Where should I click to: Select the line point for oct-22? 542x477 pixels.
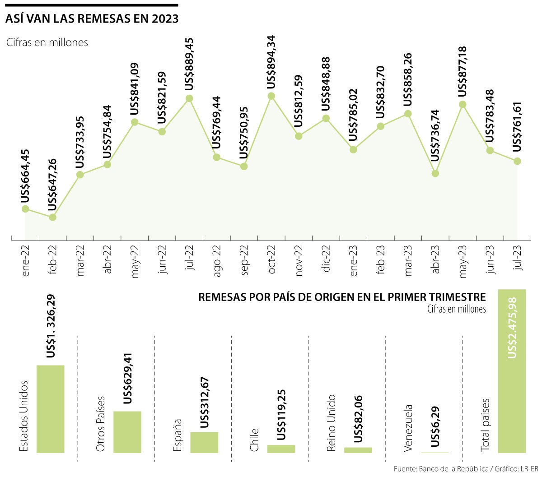tap(271, 96)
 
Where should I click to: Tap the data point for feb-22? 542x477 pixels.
tap(52, 217)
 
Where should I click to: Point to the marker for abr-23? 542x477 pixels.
tap(435, 173)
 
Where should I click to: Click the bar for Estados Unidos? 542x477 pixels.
tap(51, 408)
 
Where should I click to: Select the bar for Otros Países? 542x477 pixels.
tap(127, 431)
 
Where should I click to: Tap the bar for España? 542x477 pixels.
tap(204, 442)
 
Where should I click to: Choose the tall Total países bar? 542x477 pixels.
tap(512, 370)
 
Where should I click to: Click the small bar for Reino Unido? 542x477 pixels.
tap(358, 449)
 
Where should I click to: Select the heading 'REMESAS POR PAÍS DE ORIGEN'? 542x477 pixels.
tap(342, 297)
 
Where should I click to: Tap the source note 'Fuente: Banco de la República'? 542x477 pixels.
tap(441, 469)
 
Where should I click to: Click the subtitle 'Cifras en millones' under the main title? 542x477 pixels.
tap(47, 42)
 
